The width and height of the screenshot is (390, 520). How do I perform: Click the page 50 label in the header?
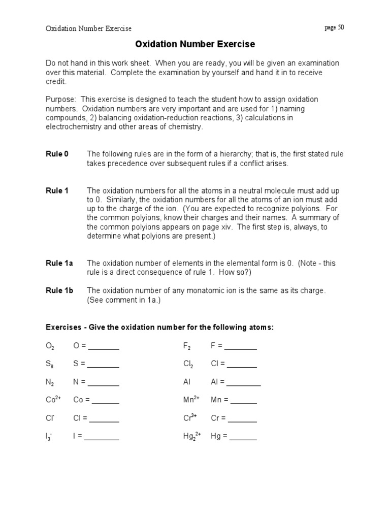tap(334, 28)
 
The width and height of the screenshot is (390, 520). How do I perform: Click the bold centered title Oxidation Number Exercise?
tap(195, 45)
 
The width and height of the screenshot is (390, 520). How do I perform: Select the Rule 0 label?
tap(57, 154)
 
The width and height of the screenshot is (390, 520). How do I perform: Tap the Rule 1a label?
tap(59, 263)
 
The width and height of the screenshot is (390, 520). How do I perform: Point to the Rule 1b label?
tap(59, 290)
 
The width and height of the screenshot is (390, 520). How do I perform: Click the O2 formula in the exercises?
tap(50, 346)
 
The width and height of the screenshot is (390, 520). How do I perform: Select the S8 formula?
tap(50, 364)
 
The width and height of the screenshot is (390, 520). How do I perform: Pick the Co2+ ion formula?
tap(53, 400)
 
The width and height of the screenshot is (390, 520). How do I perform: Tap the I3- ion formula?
tap(50, 436)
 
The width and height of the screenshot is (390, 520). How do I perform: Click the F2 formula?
tap(186, 346)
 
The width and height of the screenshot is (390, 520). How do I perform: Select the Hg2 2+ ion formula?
tap(192, 436)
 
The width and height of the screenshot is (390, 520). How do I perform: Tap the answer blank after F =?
tap(240, 346)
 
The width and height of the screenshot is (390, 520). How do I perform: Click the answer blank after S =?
tap(103, 364)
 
